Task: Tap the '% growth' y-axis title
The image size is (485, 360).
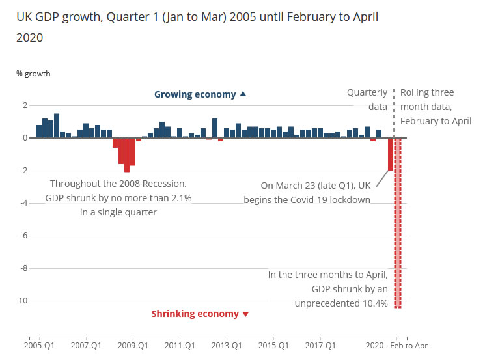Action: [x=33, y=74]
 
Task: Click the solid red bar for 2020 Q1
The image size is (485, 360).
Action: [x=391, y=154]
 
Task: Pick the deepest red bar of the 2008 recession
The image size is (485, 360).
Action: [x=127, y=155]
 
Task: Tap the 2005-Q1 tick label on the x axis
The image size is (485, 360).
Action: [x=42, y=345]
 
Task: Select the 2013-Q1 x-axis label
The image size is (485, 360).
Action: [x=227, y=345]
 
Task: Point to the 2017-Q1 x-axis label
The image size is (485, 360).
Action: [x=321, y=345]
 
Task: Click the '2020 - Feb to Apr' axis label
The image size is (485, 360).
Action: [x=396, y=345]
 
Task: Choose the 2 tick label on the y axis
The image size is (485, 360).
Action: [x=25, y=105]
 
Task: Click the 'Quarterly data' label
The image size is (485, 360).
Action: [x=367, y=100]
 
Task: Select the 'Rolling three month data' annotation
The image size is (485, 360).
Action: [x=436, y=106]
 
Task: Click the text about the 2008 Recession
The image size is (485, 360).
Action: [x=118, y=198]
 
